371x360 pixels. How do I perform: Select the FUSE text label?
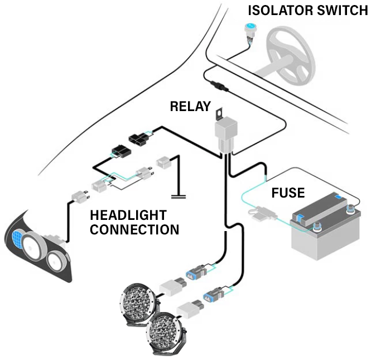coord(288,194)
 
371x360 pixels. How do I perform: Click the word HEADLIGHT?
coord(128,216)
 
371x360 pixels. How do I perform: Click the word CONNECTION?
coord(134,229)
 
